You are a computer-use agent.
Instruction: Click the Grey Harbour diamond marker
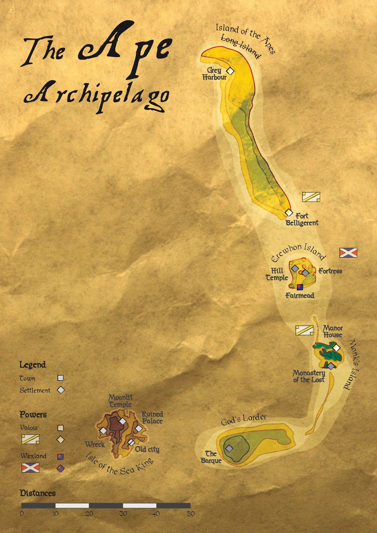point(230,71)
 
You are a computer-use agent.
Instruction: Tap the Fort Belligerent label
point(302,220)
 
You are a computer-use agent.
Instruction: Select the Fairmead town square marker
point(300,287)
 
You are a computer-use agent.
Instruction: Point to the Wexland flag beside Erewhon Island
point(348,253)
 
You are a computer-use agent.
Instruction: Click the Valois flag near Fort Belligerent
point(311,197)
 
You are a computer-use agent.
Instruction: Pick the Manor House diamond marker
point(336,348)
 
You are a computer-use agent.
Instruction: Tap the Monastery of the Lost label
point(309,376)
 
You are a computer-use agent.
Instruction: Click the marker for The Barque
point(229,448)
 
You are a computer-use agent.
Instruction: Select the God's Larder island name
point(244,420)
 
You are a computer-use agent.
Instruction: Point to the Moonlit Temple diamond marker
point(123,421)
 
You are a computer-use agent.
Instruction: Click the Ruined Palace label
point(152,418)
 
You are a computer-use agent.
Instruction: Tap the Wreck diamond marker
point(103,431)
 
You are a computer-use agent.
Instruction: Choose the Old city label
point(147,449)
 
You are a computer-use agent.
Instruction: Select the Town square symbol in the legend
point(60,378)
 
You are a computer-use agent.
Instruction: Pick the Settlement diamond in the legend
point(61,390)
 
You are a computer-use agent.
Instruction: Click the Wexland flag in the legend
point(30,468)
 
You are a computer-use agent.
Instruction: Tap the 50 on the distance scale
point(190,514)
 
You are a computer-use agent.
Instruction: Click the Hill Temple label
point(277,274)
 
